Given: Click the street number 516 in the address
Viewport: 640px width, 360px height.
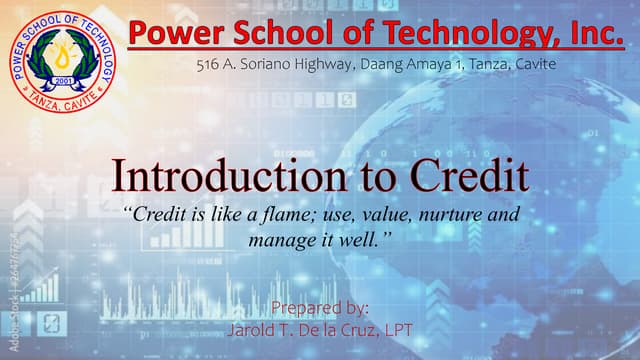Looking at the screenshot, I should pyautogui.click(x=209, y=64).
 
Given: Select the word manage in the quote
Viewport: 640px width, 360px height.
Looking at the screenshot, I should pyautogui.click(x=281, y=240).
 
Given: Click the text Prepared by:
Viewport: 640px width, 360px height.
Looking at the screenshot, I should pyautogui.click(x=320, y=308).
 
